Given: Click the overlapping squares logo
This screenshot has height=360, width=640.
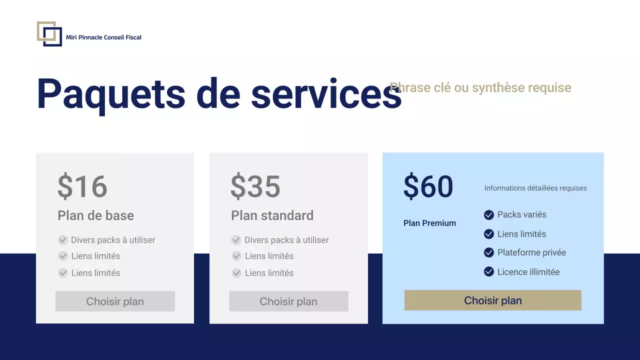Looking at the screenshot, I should coord(49,34).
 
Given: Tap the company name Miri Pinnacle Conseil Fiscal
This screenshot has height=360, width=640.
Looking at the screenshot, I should coord(103,37).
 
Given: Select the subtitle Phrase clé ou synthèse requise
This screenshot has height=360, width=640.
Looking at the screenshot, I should coord(480,88).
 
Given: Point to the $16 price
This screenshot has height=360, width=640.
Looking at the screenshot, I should coord(82,186).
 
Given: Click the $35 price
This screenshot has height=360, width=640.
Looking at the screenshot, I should coord(255,186).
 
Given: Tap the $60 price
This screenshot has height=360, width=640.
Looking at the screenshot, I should coord(428,186).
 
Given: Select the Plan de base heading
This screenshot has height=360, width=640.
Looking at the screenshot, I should coord(95,215).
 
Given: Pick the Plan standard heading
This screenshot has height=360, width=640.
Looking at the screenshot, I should coord(272,215).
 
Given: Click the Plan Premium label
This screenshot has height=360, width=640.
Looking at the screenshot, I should coord(429,223).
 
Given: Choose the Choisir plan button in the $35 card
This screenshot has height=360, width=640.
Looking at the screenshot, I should coord(288,301).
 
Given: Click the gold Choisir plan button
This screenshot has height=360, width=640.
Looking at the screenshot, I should coord(492,300).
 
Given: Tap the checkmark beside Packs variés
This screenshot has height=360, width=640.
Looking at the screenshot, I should coord(489,215).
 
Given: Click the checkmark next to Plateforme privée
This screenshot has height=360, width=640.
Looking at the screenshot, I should coord(489,253).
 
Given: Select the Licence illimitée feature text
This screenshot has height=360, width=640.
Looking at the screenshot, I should coord(528,272).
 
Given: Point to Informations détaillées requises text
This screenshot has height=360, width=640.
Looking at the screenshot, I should coord(535,188).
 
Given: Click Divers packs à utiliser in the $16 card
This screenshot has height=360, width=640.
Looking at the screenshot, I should coord(113,240).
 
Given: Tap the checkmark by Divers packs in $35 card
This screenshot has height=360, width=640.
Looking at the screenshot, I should coord(236,240).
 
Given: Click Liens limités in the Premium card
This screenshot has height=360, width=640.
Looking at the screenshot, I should coord(521,234).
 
